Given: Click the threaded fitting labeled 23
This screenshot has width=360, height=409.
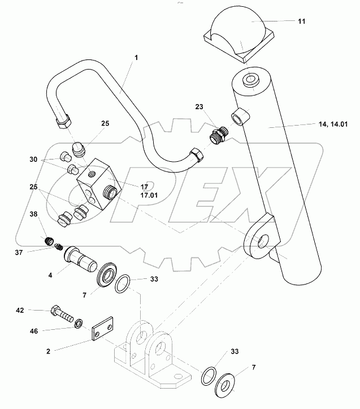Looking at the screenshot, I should [x=217, y=136].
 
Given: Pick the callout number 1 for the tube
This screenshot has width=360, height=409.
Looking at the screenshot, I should [x=136, y=57].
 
